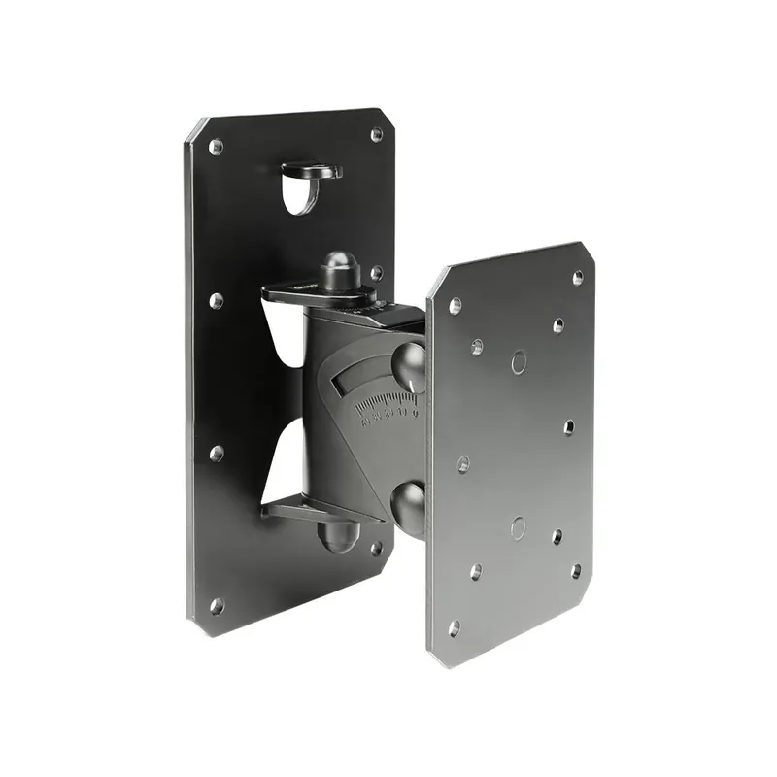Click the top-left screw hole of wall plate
216,147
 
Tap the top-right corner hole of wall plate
376,136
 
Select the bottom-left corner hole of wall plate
216,606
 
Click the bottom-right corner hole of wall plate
376,548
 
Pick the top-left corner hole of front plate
455,305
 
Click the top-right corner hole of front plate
578,278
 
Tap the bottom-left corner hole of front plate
454,626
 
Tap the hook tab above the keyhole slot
313,171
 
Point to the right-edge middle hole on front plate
569,426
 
